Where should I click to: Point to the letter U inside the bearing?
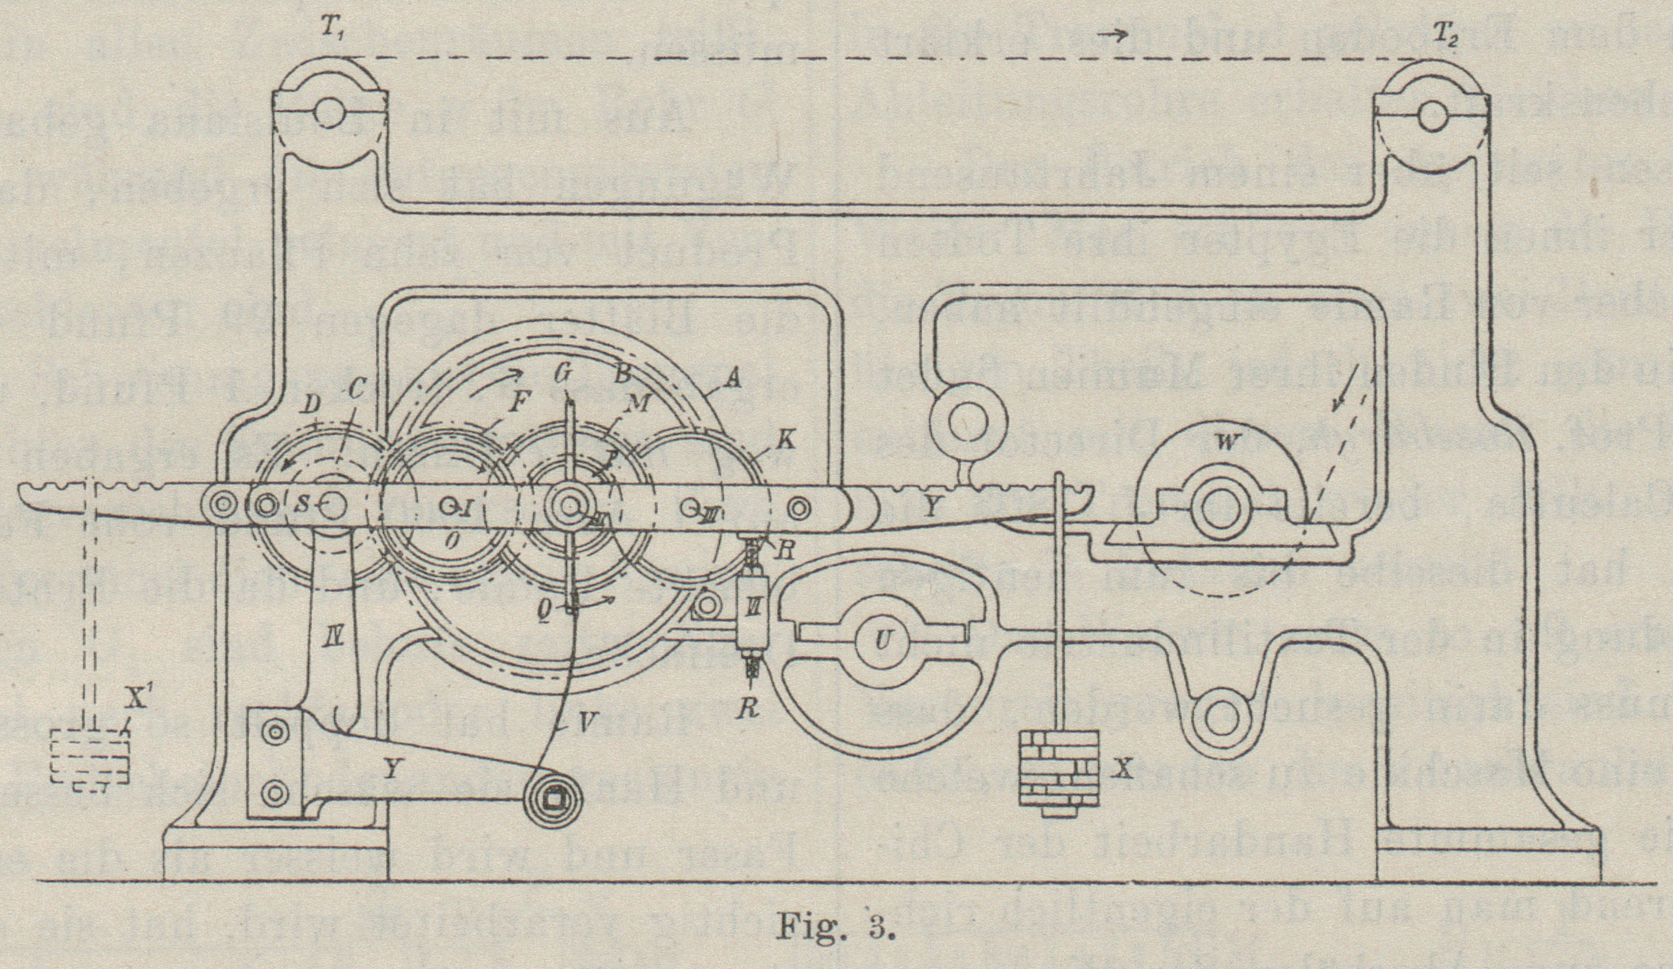(882, 640)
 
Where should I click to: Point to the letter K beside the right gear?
(786, 440)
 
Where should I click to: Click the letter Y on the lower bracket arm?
(390, 769)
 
